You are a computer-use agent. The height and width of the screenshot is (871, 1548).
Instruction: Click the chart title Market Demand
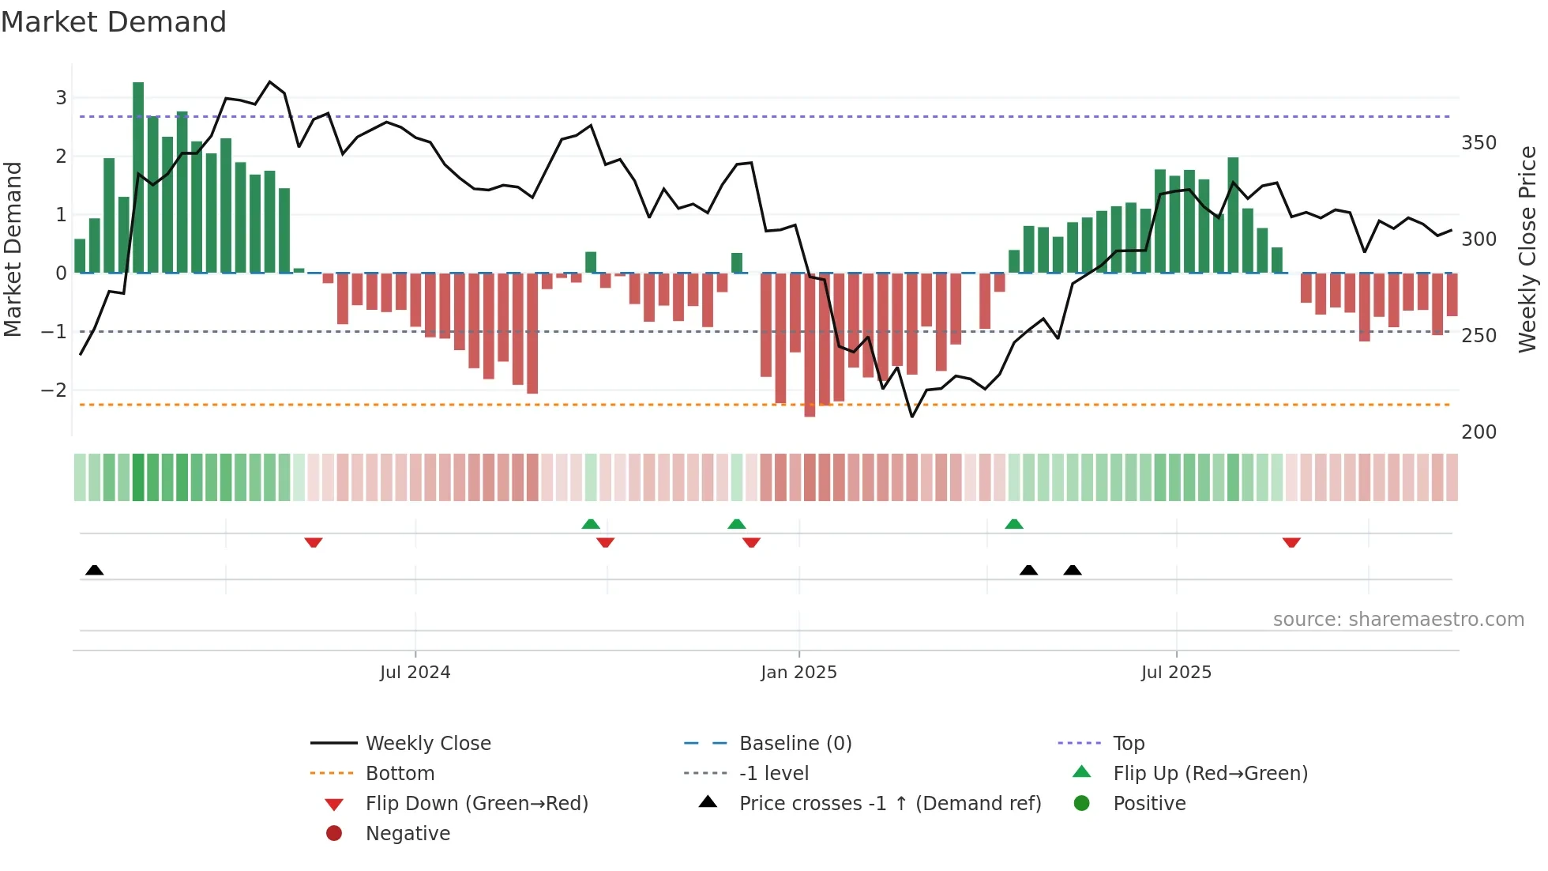[114, 22]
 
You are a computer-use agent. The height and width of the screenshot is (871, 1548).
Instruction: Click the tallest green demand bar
[138, 178]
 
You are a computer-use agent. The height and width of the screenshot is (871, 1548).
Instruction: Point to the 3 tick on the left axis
[61, 98]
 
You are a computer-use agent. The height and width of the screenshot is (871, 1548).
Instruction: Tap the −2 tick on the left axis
[54, 390]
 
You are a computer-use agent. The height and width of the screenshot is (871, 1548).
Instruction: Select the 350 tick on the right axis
[1478, 143]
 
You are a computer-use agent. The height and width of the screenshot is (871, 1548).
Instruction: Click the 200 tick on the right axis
[1478, 432]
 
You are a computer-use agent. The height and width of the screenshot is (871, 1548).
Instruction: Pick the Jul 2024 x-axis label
[415, 673]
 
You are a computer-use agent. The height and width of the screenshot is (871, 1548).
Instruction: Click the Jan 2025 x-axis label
[798, 673]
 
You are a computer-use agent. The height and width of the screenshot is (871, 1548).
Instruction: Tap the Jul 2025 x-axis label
[1176, 673]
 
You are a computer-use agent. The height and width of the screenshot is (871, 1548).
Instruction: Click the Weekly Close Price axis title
[1527, 249]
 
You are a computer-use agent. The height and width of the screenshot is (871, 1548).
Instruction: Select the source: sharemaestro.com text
[1398, 620]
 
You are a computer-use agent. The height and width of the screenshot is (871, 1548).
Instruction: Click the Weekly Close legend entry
[427, 744]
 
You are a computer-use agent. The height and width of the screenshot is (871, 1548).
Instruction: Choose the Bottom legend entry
[400, 774]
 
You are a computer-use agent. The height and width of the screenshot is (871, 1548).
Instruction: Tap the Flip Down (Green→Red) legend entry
[476, 804]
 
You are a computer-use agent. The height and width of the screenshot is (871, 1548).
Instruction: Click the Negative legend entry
[408, 834]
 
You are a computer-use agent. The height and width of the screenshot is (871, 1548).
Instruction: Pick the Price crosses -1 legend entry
[889, 804]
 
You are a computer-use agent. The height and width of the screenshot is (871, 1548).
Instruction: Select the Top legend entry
[1129, 744]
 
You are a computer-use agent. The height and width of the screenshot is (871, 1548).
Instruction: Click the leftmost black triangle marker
[95, 570]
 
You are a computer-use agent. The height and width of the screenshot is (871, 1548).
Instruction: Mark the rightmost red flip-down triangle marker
[1291, 542]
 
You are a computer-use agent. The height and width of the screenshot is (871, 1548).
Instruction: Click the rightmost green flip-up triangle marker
[1014, 524]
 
